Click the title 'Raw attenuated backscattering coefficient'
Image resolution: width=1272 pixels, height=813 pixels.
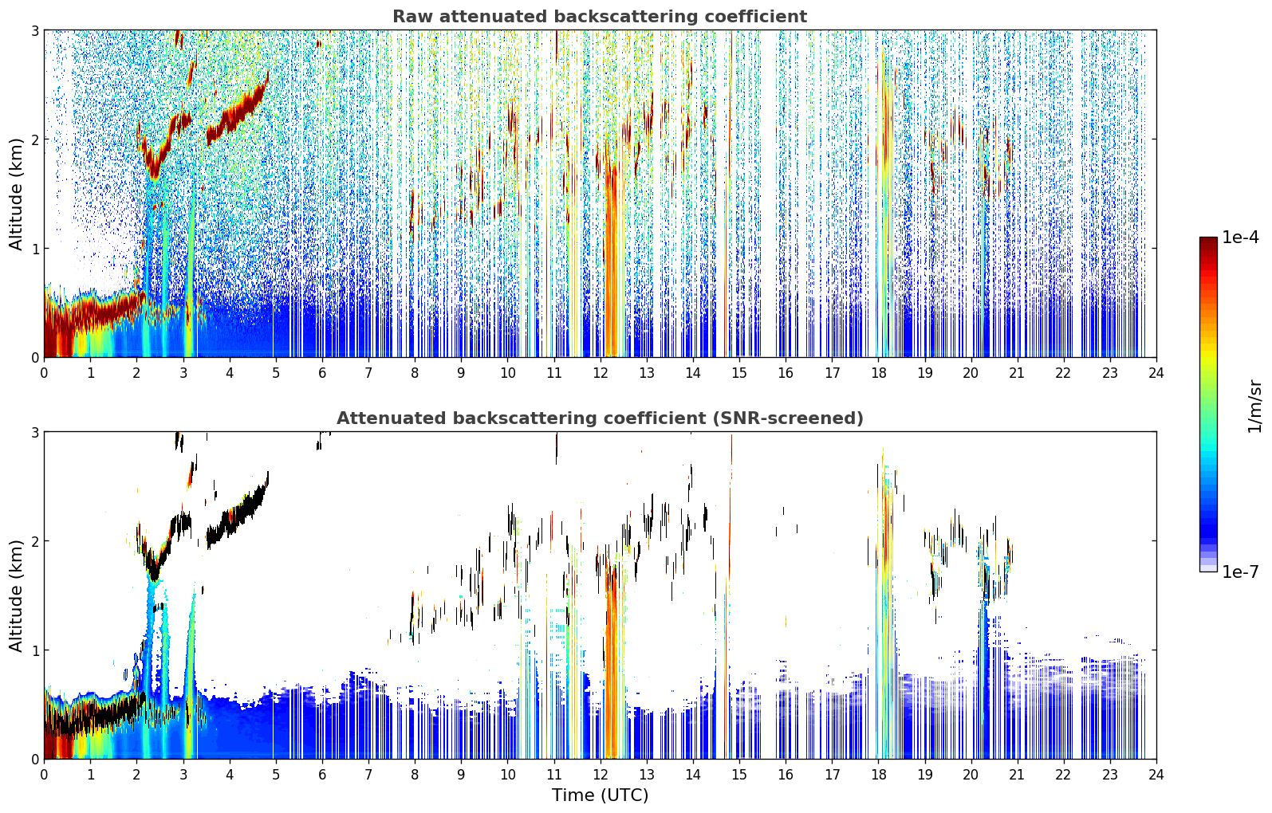pos(600,17)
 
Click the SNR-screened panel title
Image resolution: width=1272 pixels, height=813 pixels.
pos(600,418)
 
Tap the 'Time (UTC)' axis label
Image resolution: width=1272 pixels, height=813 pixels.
pos(600,795)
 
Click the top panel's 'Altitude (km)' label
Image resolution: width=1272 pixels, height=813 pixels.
pos(16,194)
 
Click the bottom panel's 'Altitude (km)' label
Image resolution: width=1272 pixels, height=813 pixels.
pos(16,595)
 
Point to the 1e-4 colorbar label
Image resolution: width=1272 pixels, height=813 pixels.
pos(1240,238)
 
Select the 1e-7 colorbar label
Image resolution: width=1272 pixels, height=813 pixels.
pos(1240,571)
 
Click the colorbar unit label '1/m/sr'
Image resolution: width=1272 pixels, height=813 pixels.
pos(1254,406)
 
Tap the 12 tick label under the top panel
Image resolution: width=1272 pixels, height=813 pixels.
pos(601,373)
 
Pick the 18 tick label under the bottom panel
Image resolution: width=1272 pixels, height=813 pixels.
pos(878,775)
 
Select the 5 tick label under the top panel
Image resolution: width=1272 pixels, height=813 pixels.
pos(276,373)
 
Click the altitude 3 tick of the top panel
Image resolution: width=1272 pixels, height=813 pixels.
pos(34,30)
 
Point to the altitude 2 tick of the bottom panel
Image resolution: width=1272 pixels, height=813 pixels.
pos(34,541)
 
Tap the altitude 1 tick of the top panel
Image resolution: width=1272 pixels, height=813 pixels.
pos(34,249)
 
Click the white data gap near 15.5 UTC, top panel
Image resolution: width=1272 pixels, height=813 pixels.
pos(768,193)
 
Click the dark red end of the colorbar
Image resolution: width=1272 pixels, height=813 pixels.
pos(1208,242)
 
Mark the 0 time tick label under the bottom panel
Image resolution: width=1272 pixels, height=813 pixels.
pos(45,775)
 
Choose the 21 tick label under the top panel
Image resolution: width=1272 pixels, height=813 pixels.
pos(1017,373)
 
